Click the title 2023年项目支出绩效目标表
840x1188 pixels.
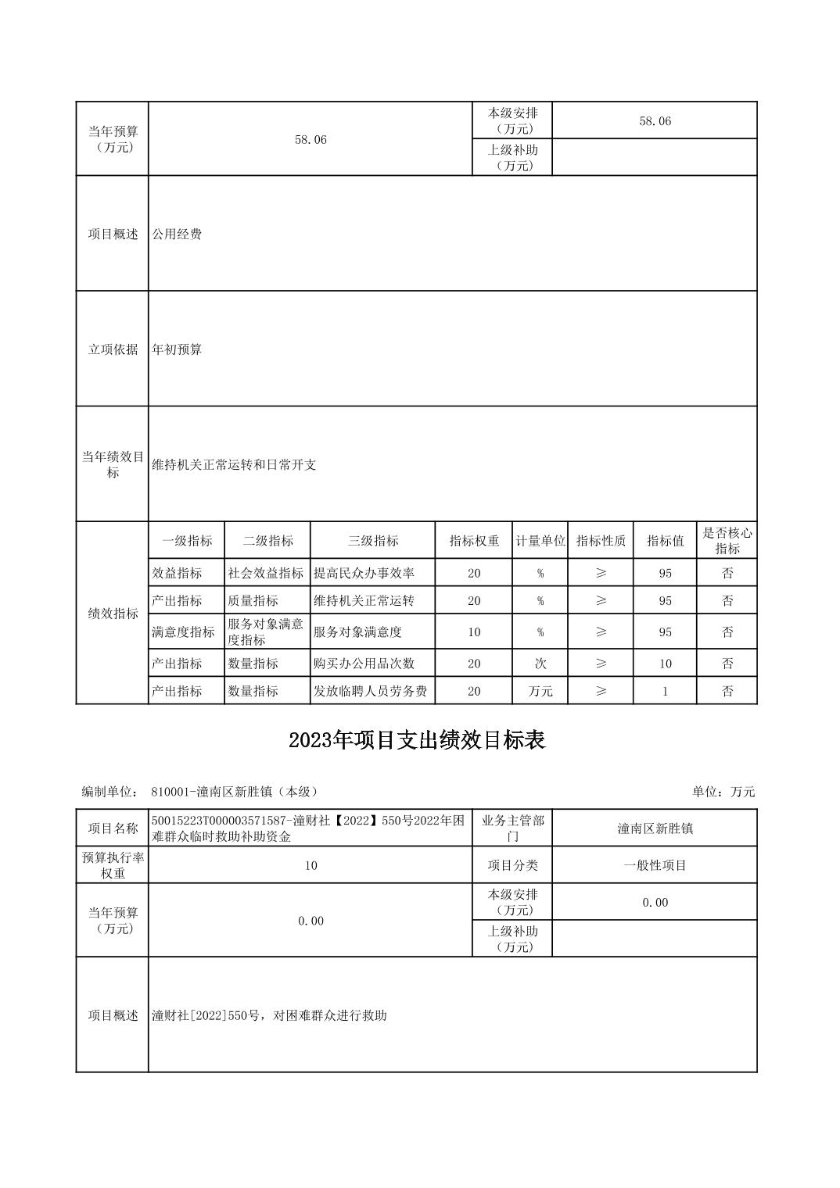(416, 740)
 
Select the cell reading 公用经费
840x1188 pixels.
(177, 234)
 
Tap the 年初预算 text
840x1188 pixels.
(177, 349)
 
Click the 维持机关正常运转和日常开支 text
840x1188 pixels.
(234, 465)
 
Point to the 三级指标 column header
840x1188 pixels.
(372, 541)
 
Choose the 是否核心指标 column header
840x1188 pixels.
(727, 541)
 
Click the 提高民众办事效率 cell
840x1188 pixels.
(364, 573)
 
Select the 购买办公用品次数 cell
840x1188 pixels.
(364, 664)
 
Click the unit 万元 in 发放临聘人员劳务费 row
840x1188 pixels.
(540, 691)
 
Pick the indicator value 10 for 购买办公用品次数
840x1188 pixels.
(665, 664)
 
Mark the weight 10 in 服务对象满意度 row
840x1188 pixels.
(474, 632)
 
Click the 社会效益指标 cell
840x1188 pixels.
(266, 573)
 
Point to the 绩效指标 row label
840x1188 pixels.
(113, 614)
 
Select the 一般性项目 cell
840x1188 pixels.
(655, 865)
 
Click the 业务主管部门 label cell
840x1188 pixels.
(512, 828)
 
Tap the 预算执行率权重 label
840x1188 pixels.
(113, 865)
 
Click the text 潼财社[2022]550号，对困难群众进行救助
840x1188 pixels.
(269, 1015)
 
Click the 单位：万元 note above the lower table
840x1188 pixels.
(723, 792)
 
